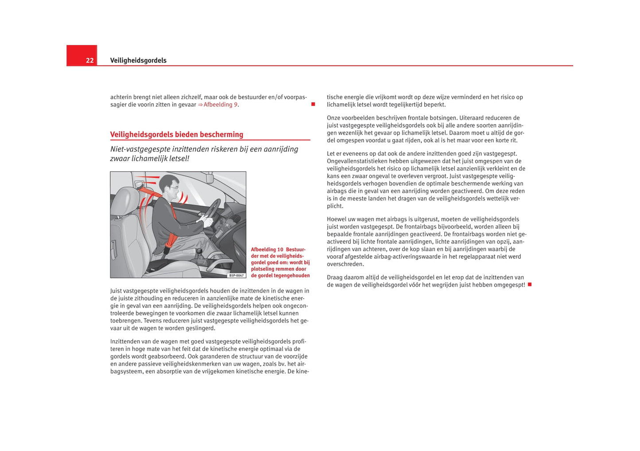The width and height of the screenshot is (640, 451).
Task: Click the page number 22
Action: [x=89, y=61]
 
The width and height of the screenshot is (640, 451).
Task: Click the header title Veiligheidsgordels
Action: [x=138, y=61]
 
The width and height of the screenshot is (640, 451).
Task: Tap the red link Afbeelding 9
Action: [x=220, y=105]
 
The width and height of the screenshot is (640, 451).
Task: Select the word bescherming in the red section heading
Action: [x=221, y=135]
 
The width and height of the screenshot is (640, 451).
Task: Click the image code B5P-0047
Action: [x=237, y=275]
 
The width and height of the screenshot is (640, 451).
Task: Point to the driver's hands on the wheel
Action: [x=205, y=218]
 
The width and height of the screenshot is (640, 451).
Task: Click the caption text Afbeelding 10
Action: [x=267, y=249]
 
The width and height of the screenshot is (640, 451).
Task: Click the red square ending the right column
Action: [x=529, y=284]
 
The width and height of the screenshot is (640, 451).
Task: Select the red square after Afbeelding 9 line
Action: [x=313, y=104]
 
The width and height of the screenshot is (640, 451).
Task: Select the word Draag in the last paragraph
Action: [x=335, y=277]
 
